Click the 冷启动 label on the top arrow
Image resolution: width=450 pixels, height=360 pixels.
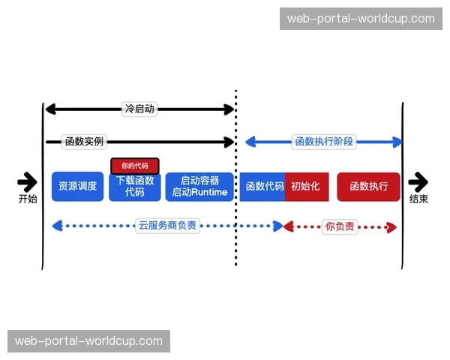pos(139,109)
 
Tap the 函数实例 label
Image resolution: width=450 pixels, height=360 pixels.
pos(84,142)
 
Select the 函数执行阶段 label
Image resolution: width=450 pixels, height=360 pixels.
pos(324,142)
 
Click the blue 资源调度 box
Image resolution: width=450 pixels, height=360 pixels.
pos(77,187)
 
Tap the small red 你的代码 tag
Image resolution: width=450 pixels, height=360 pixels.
pos(135,166)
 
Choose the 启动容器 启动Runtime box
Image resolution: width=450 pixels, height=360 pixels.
pos(199,187)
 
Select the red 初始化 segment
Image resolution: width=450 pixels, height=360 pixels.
pos(306,187)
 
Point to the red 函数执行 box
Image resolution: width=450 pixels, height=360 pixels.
pos(368,187)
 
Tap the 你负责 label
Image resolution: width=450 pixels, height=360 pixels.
pos(340,226)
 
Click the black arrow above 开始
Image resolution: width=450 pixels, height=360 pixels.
pos(27,181)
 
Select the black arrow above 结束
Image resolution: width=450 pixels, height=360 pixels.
pos(418,181)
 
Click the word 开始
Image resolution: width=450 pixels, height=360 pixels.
pos(28,199)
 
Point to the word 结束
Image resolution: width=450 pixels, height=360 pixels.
pos(418,199)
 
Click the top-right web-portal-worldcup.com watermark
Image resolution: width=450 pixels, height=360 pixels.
pos(361,19)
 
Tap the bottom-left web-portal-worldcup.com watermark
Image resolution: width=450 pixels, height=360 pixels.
pos(89,341)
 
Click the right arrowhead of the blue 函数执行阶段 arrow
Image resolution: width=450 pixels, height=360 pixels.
pos(397,142)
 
